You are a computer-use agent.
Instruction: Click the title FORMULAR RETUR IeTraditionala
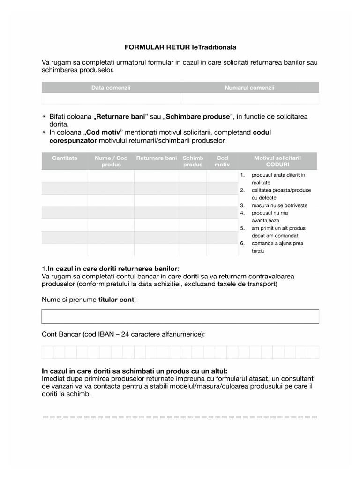pyautogui.click(x=180, y=47)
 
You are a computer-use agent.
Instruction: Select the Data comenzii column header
pyautogui.click(x=111, y=88)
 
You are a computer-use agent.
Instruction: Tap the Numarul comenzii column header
pyautogui.click(x=249, y=88)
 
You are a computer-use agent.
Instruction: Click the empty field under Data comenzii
pyautogui.click(x=111, y=98)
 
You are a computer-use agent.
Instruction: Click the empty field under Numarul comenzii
pyautogui.click(x=249, y=98)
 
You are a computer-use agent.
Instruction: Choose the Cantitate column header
pyautogui.click(x=65, y=158)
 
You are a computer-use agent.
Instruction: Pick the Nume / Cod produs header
pyautogui.click(x=111, y=161)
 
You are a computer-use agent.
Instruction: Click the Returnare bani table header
pyautogui.click(x=157, y=158)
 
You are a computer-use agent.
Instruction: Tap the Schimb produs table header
pyautogui.click(x=193, y=161)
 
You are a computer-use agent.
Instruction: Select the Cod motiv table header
pyautogui.click(x=222, y=161)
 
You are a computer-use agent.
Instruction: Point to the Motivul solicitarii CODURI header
pyautogui.click(x=277, y=161)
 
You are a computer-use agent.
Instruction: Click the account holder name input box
pyautogui.click(x=180, y=316)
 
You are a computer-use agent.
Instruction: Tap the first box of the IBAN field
pyautogui.click(x=47, y=352)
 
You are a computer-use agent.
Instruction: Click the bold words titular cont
pyautogui.click(x=116, y=300)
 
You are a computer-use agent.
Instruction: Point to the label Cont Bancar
pyautogui.click(x=61, y=334)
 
